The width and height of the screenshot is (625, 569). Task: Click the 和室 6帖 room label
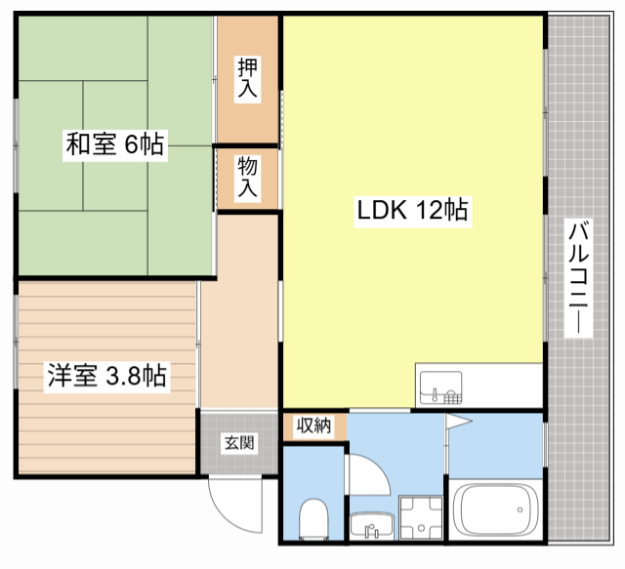tap(114, 145)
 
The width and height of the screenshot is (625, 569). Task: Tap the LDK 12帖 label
tap(410, 210)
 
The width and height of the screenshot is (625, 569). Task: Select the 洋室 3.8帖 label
tap(106, 375)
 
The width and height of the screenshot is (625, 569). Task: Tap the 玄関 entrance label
tap(240, 443)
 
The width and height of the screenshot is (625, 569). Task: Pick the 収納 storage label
tap(313, 426)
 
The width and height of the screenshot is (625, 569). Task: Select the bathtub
tap(496, 508)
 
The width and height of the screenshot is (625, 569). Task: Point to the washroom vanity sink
tap(370, 528)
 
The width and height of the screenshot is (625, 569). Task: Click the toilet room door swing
tap(365, 476)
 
